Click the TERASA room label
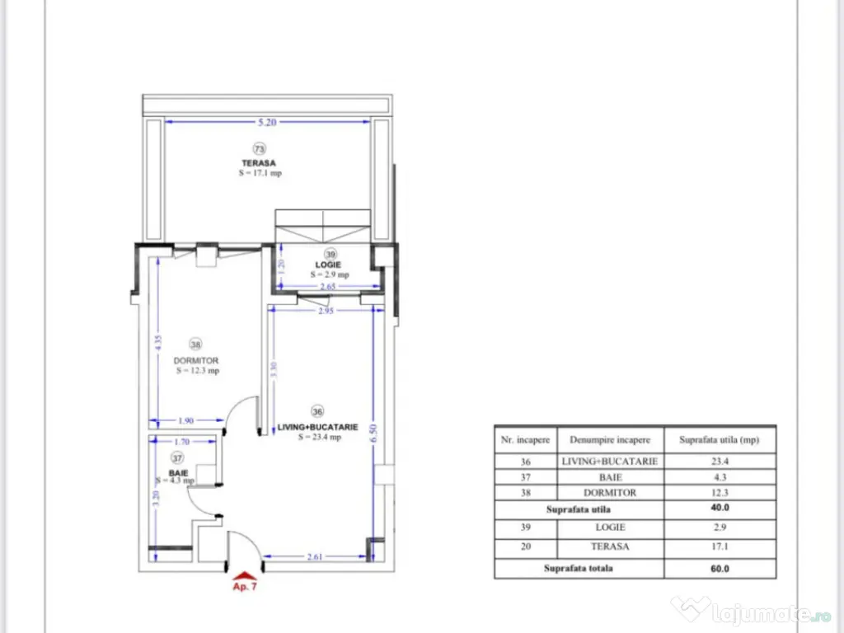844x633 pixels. point(259,163)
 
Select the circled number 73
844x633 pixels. point(260,149)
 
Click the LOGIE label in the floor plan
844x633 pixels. point(330,265)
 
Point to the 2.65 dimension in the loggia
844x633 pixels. point(329,286)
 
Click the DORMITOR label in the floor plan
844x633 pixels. point(196,361)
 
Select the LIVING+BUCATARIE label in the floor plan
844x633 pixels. point(318,427)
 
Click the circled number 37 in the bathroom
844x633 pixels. point(176,458)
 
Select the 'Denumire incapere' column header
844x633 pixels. point(610,440)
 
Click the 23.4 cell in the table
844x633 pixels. point(720,462)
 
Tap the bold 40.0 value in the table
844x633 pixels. point(720,509)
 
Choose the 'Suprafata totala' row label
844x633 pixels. point(579,568)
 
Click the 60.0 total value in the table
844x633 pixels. point(720,568)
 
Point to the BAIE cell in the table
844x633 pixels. point(610,477)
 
